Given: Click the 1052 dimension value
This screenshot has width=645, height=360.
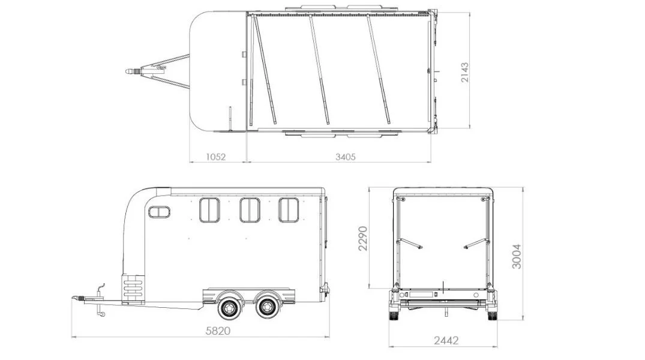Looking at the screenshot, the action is [x=215, y=157].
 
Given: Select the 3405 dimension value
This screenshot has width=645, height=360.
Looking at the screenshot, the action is [x=346, y=157].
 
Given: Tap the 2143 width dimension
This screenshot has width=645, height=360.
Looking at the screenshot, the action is [x=465, y=72].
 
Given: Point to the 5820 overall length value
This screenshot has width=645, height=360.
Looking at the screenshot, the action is [x=218, y=331].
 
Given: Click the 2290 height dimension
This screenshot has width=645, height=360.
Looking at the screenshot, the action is [x=363, y=238].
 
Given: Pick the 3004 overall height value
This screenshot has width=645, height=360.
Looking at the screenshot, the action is [x=517, y=256].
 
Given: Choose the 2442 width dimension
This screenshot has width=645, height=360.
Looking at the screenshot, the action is [x=446, y=341].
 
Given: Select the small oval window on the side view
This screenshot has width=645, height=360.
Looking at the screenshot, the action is [x=159, y=212].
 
